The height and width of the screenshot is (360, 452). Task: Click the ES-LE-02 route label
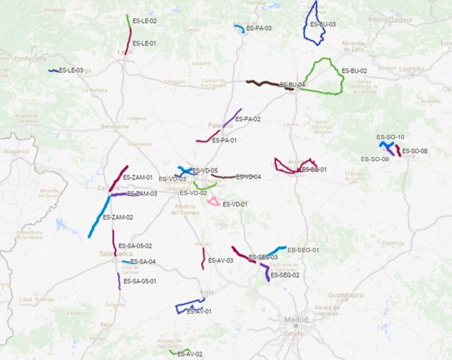pos(144,21)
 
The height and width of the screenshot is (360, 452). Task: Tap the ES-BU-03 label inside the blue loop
pos(323,24)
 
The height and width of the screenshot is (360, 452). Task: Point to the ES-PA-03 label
pos(259,28)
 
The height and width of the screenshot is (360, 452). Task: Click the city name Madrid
pos(296,320)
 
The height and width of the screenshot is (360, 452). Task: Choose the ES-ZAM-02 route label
pos(118,217)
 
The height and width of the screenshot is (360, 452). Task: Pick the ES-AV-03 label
pos(221,260)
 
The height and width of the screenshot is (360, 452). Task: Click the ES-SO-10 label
pos(390,137)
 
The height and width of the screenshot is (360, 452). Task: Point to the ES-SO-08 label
pos(415,151)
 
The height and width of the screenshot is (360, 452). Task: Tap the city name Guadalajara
pos(345,295)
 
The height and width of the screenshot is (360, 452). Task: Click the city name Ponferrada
pos(30,59)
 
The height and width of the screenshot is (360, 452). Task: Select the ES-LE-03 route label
pos(71,70)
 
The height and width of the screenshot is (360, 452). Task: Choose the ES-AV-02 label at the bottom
pos(190,354)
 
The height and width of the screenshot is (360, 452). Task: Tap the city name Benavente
pos(115,126)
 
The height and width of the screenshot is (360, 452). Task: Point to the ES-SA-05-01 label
pos(140,281)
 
